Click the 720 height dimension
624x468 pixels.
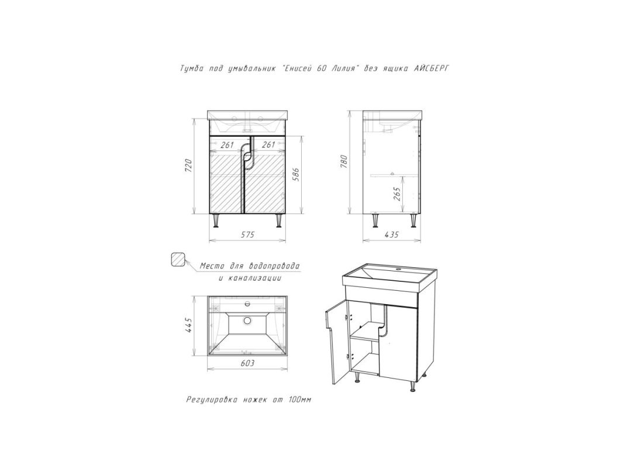point(189,165)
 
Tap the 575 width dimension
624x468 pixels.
point(247,235)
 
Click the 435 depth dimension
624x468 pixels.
point(392,235)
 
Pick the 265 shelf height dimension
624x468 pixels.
point(397,194)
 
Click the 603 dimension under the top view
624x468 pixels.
point(247,363)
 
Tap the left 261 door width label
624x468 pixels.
point(227,145)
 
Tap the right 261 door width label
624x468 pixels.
point(269,145)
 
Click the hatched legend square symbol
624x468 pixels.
point(178,260)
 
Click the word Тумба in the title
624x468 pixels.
point(192,68)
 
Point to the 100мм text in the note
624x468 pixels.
point(298,400)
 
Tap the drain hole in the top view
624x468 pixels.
point(247,321)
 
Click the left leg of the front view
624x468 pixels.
point(216,221)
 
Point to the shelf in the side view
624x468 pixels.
point(394,175)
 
